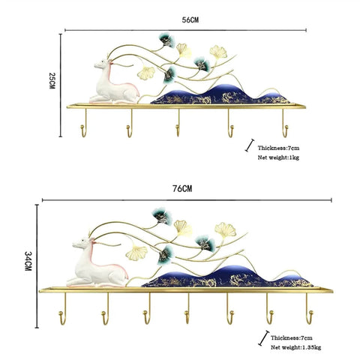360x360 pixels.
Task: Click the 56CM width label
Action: tap(190, 20)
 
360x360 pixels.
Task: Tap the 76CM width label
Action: tap(182, 188)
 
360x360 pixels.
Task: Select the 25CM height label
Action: tap(52, 81)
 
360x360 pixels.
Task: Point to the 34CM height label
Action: tap(28, 261)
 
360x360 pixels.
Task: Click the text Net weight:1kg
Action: tap(278, 157)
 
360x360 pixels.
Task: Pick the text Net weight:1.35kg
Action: tap(295, 347)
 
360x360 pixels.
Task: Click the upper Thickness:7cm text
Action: tap(278, 148)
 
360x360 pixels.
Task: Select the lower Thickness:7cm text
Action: tap(292, 338)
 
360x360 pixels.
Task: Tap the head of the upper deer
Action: tap(103, 64)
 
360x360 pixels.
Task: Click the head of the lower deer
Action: tap(82, 243)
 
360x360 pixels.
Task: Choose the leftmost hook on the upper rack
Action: tap(84, 123)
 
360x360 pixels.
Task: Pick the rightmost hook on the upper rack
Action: tap(285, 123)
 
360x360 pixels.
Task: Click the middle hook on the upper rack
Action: tap(178, 123)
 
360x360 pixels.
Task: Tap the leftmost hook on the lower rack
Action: tap(63, 309)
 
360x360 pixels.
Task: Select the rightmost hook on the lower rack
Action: tap(309, 309)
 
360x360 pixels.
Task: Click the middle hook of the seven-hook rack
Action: tap(187, 309)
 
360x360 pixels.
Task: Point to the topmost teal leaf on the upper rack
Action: tap(166, 40)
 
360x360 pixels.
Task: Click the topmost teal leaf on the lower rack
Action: tap(163, 216)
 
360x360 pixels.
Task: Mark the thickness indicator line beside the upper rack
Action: tap(250, 145)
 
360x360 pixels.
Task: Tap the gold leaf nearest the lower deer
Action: tap(136, 253)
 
